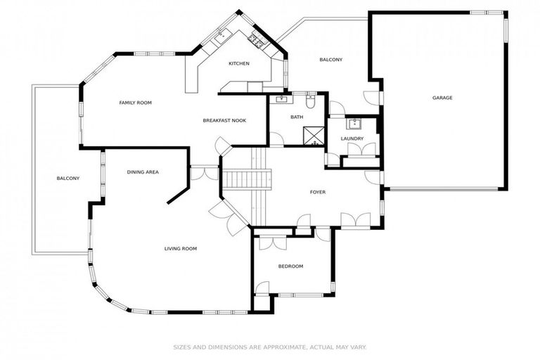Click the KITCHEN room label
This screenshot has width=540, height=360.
tap(238, 64)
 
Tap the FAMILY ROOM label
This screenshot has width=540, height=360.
tap(135, 103)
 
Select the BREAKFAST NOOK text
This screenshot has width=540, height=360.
tap(224, 121)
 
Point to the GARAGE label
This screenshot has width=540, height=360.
tap(442, 98)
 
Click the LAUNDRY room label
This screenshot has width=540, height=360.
tap(352, 139)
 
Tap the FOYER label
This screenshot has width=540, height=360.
tap(317, 192)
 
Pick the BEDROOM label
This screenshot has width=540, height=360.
tap(290, 266)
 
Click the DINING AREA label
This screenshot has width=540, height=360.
tap(142, 172)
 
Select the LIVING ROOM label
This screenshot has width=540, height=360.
tap(180, 248)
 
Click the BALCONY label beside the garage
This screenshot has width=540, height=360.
tap(330, 60)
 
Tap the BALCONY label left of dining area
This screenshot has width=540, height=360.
tap(68, 178)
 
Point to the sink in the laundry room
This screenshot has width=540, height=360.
tap(354, 124)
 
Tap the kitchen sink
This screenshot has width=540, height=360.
tap(221, 34)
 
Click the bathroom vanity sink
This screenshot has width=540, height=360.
tap(283, 99)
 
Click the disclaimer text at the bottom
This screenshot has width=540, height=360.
tap(269, 347)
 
